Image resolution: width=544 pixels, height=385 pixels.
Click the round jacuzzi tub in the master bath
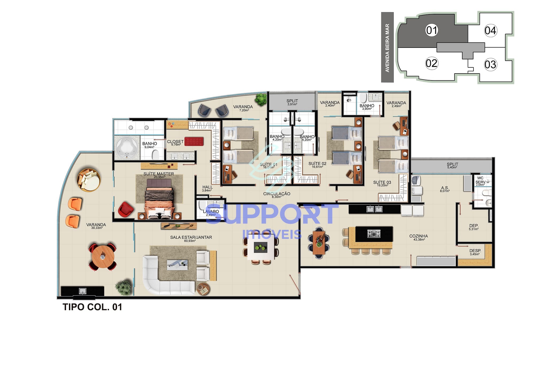tap(127, 148)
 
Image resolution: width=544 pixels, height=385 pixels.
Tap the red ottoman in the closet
tap(194, 141)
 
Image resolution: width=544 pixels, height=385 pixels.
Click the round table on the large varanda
tap(103, 257)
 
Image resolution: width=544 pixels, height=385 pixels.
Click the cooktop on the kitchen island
tap(374, 234)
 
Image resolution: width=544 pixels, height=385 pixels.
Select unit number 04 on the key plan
tap(490, 31)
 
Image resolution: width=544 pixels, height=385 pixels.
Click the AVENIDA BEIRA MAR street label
tap(387, 48)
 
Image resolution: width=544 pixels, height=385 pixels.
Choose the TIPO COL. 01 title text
tap(92, 307)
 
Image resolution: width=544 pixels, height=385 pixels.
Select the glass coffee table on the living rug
tap(177, 265)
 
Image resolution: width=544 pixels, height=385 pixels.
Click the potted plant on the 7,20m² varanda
tap(261, 99)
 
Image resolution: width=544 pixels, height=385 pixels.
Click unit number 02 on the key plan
tap(432, 63)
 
